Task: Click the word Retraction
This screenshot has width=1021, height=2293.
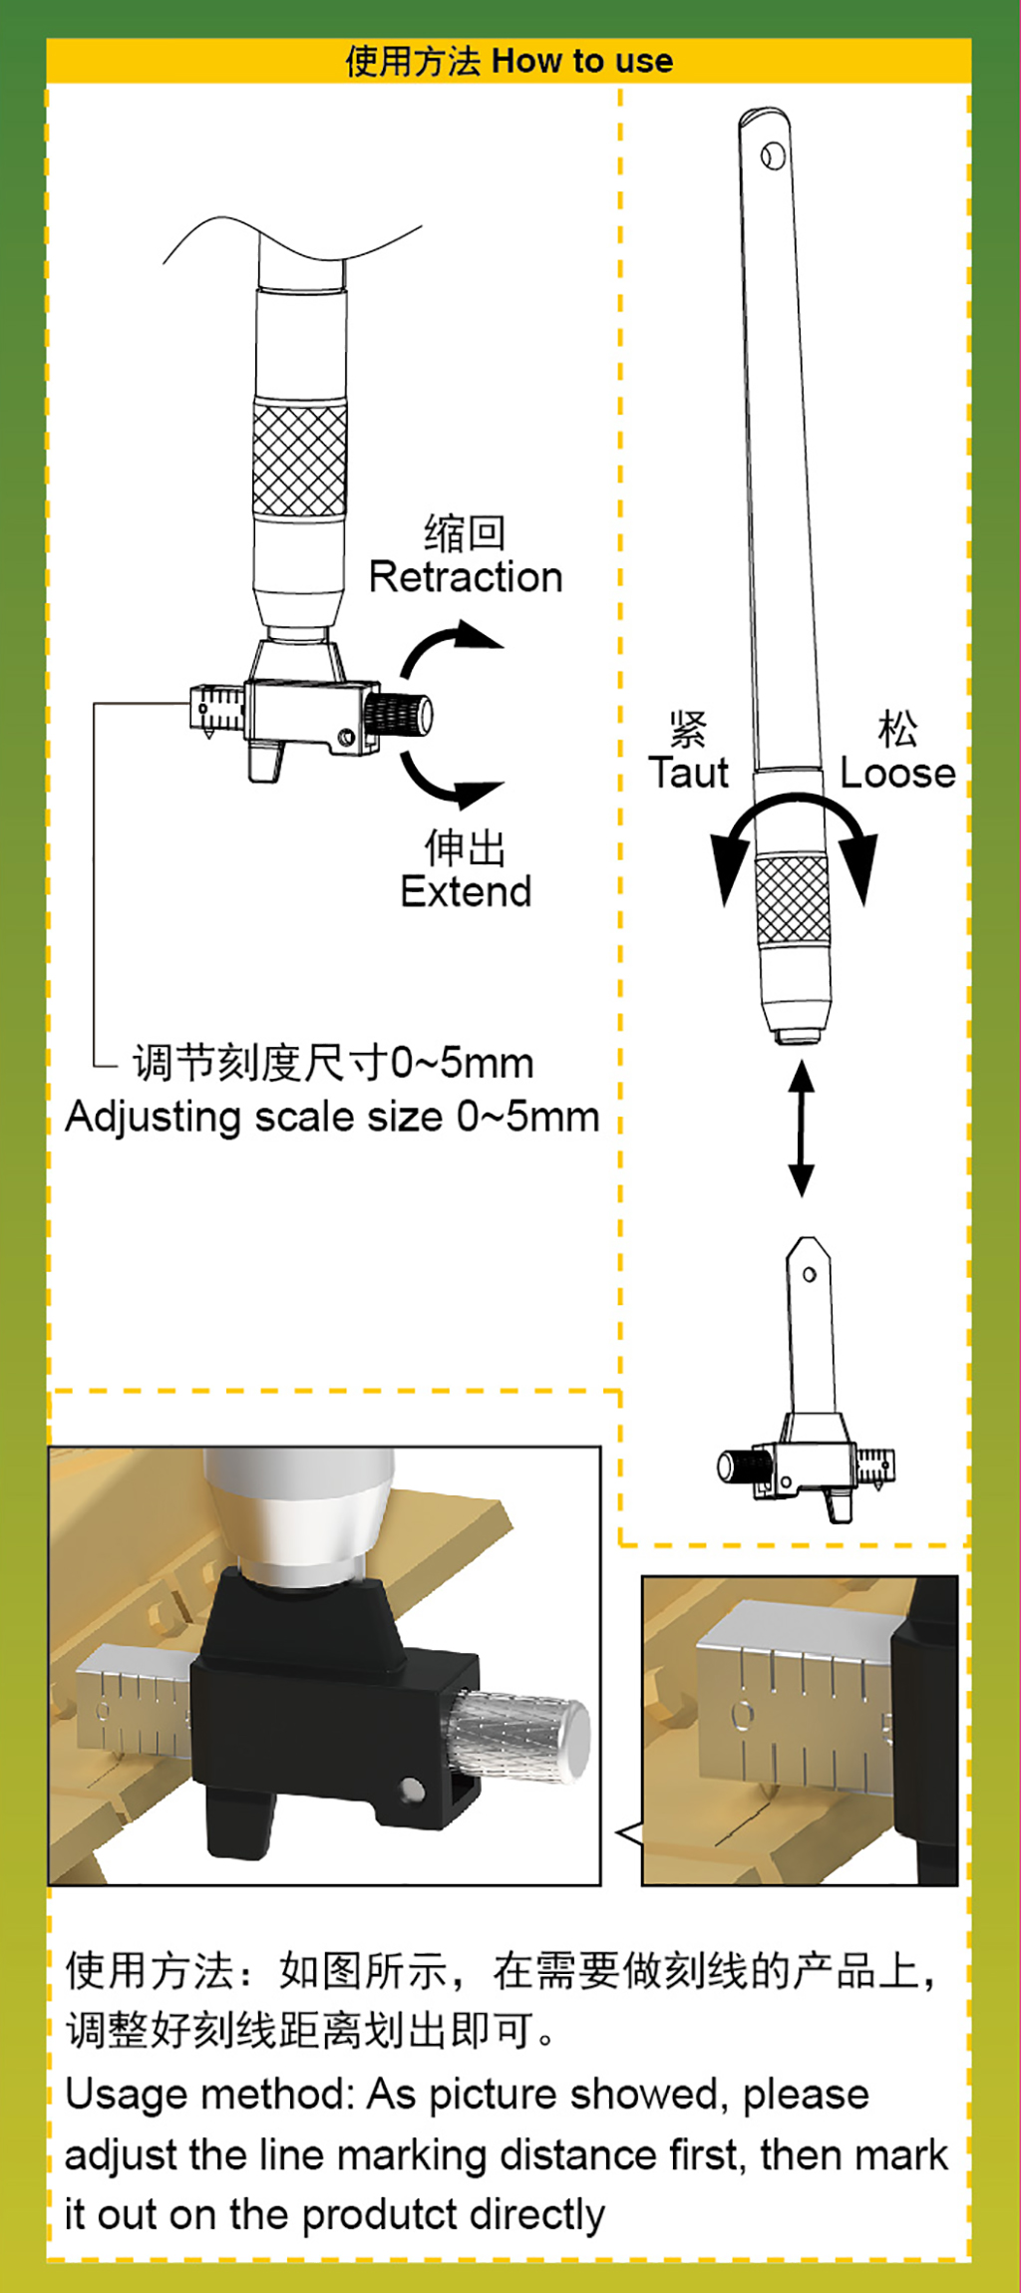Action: click(x=466, y=577)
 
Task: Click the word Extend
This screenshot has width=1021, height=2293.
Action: click(x=466, y=891)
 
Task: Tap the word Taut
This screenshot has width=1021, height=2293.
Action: click(x=688, y=773)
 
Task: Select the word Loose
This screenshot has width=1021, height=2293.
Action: click(x=897, y=773)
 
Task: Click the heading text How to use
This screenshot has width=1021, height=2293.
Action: click(x=582, y=61)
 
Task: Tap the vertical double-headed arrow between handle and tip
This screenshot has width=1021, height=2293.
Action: click(x=801, y=1128)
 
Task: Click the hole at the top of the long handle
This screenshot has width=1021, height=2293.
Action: click(x=773, y=156)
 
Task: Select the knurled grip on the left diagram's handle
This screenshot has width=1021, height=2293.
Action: click(x=299, y=458)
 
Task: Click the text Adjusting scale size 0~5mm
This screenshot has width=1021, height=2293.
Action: click(x=332, y=1118)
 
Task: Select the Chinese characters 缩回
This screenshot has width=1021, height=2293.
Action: click(x=465, y=533)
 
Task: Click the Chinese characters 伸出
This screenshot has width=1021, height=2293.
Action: click(x=465, y=848)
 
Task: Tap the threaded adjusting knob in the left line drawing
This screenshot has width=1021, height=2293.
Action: click(x=399, y=715)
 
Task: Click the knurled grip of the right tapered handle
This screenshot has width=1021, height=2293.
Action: click(x=793, y=899)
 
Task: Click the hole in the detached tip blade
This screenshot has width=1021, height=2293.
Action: click(x=810, y=1274)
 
